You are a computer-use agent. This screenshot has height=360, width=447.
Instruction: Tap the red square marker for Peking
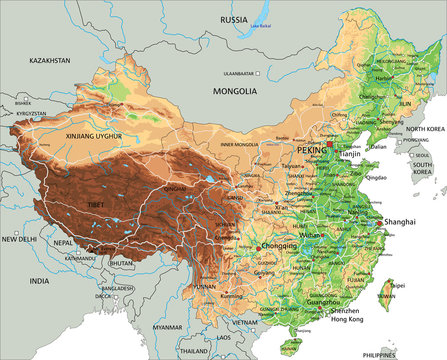tap(329, 144)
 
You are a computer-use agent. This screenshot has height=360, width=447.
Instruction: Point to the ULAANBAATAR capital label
tap(239, 72)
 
